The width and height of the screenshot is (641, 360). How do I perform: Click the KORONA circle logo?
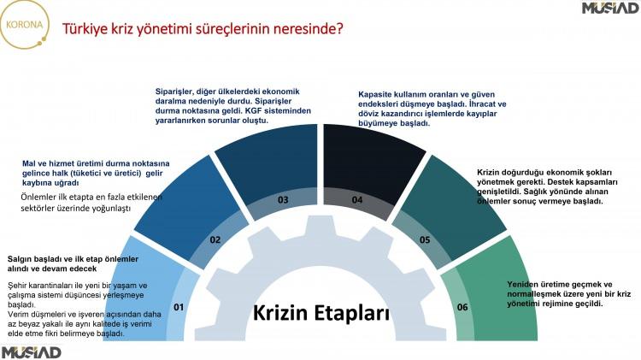click(x=24, y=25)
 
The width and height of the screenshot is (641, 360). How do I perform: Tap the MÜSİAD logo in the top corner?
click(x=611, y=8)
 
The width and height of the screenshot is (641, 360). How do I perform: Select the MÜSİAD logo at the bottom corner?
click(x=31, y=352)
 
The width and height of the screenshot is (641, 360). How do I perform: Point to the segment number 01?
click(x=179, y=307)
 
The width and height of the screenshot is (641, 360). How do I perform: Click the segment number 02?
click(x=215, y=239)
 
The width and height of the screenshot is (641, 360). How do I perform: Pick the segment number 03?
click(x=283, y=199)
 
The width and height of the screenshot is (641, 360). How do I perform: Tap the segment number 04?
click(x=357, y=199)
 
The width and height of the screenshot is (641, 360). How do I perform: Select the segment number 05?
click(x=425, y=239)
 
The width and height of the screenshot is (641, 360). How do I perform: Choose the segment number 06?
click(x=462, y=307)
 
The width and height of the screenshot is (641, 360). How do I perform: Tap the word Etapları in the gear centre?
click(x=352, y=313)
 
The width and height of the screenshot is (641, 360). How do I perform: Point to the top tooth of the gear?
click(x=320, y=225)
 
